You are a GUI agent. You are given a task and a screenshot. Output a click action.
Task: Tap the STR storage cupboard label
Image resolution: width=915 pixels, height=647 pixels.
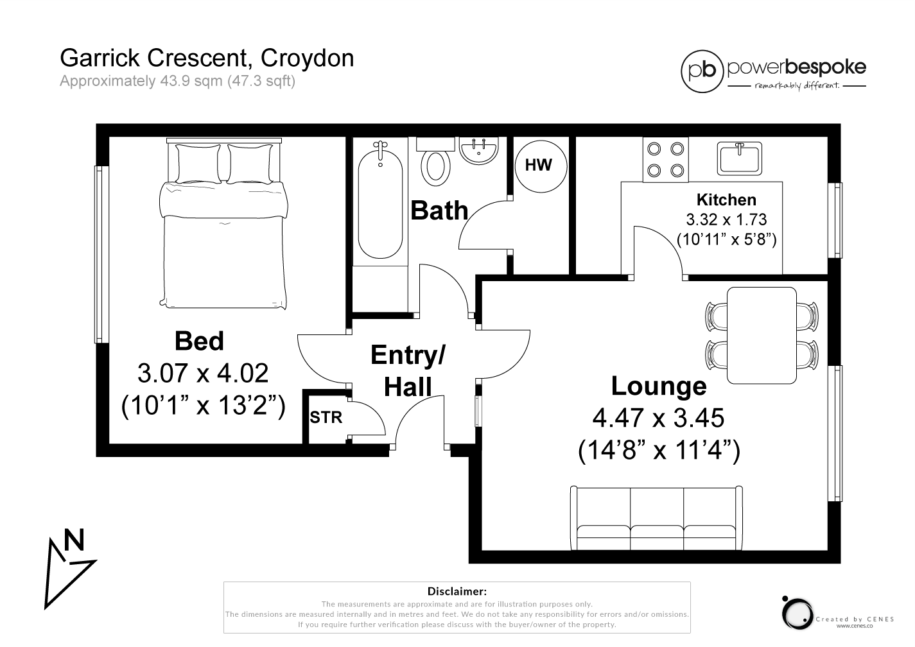click(326, 418)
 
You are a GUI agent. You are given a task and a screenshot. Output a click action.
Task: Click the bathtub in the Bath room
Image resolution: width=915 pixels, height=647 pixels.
click(380, 200)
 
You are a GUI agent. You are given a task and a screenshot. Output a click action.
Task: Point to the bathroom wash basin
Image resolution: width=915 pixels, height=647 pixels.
click(479, 150)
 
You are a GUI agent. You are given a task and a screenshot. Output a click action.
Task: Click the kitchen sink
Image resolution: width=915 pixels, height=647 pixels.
click(739, 158)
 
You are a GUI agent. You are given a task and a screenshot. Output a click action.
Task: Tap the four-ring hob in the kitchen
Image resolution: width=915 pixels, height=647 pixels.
click(665, 160)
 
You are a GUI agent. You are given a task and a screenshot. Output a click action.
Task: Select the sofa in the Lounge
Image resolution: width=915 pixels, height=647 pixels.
click(656, 518)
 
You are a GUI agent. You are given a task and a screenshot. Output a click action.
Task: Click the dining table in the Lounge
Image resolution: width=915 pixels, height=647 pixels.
click(762, 336)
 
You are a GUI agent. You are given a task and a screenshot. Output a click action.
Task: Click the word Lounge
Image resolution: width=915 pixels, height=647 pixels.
click(658, 386)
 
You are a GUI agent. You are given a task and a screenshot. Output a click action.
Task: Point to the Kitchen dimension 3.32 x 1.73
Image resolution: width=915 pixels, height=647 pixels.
click(726, 220)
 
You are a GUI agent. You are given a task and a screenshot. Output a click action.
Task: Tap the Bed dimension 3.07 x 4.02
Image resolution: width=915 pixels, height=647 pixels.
click(203, 373)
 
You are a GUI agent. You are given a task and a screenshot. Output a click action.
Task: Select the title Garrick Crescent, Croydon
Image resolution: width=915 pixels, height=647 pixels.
click(207, 58)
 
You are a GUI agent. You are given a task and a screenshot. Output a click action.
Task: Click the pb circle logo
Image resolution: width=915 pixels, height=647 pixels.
click(702, 71)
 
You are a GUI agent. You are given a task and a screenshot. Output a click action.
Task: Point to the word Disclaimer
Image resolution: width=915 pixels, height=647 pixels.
click(457, 591)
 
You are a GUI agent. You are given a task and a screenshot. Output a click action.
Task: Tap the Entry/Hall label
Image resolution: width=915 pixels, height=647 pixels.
click(408, 370)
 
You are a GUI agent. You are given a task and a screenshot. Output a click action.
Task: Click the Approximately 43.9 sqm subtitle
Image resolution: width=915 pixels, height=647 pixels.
click(177, 82)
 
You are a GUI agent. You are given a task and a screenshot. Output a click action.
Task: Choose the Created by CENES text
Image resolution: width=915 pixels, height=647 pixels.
click(855, 619)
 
